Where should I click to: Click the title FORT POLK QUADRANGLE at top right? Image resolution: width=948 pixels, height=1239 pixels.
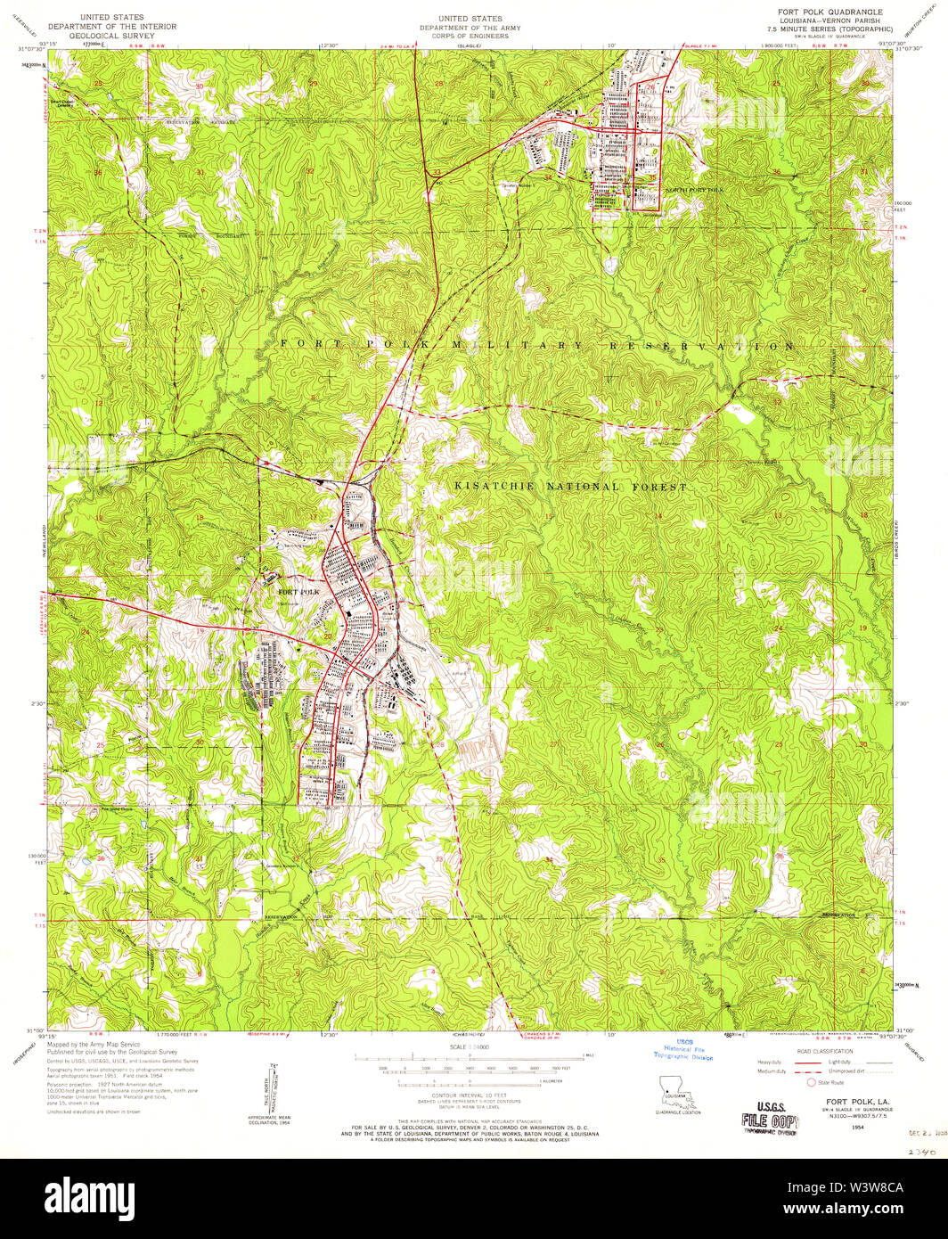click(830, 12)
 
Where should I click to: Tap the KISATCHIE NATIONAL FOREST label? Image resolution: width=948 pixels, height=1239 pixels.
click(571, 488)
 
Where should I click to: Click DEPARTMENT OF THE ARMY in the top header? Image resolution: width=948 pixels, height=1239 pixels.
click(470, 29)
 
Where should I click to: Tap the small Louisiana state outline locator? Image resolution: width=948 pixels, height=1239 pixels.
click(670, 1090)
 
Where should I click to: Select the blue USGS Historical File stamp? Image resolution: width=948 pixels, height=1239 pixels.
click(683, 1051)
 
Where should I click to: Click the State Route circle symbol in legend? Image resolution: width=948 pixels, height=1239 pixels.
click(811, 1082)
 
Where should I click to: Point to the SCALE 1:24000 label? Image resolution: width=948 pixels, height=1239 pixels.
click(469, 1046)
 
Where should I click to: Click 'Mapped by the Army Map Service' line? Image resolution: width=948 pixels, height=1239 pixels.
click(94, 1044)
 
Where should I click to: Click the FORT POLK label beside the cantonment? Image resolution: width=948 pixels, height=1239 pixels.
click(298, 592)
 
